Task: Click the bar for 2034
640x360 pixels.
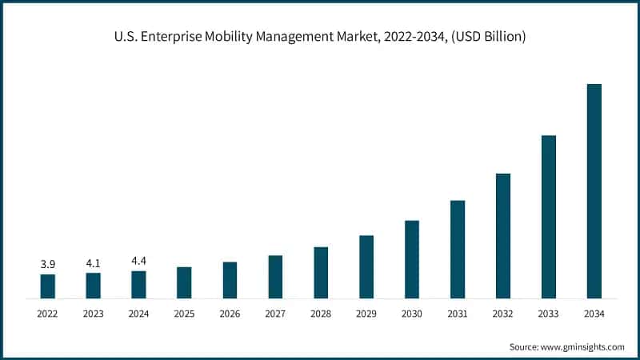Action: pyautogui.click(x=594, y=191)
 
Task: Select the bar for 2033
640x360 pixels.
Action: pyautogui.click(x=548, y=217)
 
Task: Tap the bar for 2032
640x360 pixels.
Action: pyautogui.click(x=502, y=236)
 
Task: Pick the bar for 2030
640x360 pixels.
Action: pyautogui.click(x=412, y=259)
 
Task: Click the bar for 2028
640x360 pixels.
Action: pyautogui.click(x=321, y=273)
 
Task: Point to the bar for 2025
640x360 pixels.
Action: pyautogui.click(x=184, y=282)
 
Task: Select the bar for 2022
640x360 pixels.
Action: pyautogui.click(x=48, y=286)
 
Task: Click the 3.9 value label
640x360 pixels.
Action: pyautogui.click(x=48, y=264)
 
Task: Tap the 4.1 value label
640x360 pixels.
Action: pyautogui.click(x=94, y=262)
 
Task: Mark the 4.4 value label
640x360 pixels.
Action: pyautogui.click(x=138, y=261)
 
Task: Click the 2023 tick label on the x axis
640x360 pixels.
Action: pyautogui.click(x=94, y=314)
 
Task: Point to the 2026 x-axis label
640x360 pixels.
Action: pyautogui.click(x=230, y=314)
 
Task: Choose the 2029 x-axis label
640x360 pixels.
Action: pyautogui.click(x=366, y=314)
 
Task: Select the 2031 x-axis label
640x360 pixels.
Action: pyautogui.click(x=457, y=314)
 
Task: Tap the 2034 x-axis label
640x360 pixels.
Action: pyautogui.click(x=594, y=314)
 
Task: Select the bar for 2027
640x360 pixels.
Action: pyautogui.click(x=275, y=277)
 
